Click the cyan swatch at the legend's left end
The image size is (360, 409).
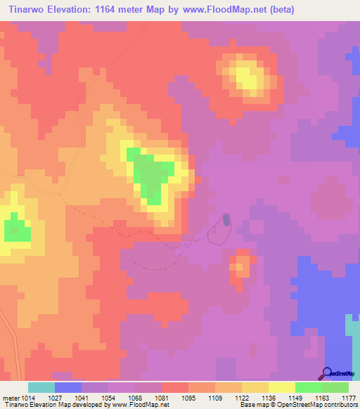click(x=41, y=387)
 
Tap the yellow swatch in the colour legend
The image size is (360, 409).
click(x=281, y=387)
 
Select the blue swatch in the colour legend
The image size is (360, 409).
click(x=67, y=387)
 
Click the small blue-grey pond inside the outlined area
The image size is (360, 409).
click(x=226, y=220)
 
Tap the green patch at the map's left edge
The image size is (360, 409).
click(x=15, y=230)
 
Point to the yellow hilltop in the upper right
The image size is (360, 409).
click(x=245, y=75)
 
